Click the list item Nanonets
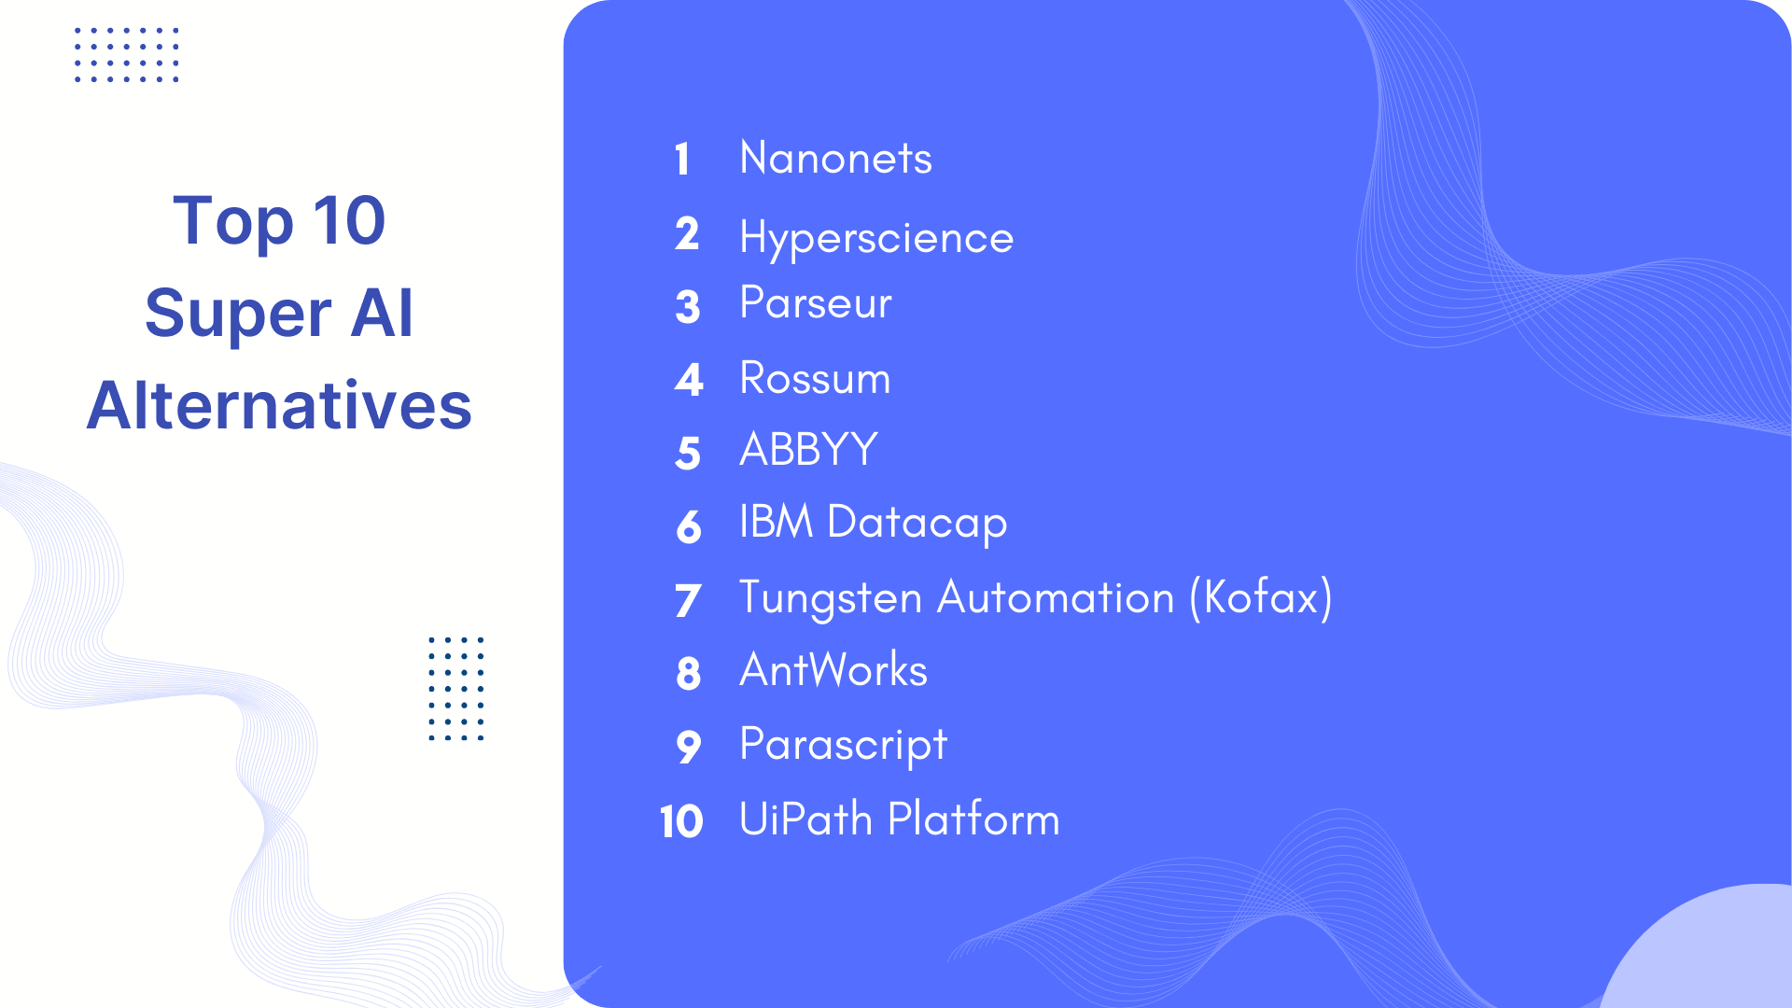(x=835, y=158)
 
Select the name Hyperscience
(x=875, y=237)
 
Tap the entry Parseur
(x=815, y=303)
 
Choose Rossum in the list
(x=815, y=379)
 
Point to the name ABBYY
(x=808, y=450)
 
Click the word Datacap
(x=917, y=523)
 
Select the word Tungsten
(x=831, y=598)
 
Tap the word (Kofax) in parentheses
(x=1261, y=598)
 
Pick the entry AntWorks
(x=833, y=670)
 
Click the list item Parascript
(x=843, y=746)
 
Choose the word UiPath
(x=805, y=819)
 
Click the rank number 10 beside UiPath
(x=681, y=822)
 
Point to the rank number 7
(x=688, y=600)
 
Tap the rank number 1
(x=682, y=160)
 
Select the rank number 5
(x=688, y=454)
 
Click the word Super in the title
(x=238, y=314)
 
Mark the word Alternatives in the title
(x=279, y=406)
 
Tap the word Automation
(x=1056, y=598)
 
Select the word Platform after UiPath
(x=973, y=819)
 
